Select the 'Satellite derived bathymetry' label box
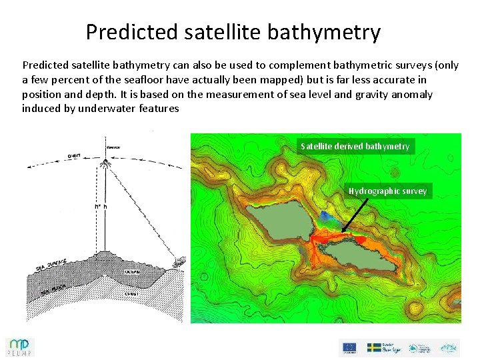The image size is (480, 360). click(355, 146)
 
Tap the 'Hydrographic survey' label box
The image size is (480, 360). click(387, 191)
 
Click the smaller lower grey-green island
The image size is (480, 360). click(360, 256)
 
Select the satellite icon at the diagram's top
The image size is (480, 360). click(109, 149)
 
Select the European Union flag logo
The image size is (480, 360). click(349, 347)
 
